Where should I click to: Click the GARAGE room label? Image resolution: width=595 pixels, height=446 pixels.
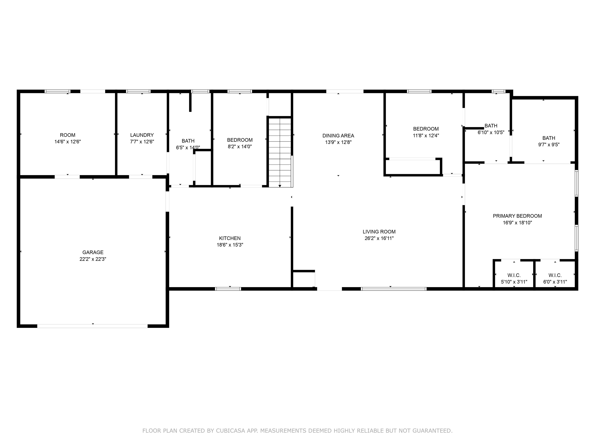[93, 252]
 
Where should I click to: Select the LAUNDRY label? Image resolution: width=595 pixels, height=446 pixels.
[142, 135]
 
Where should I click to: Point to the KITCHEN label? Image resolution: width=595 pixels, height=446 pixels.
[230, 238]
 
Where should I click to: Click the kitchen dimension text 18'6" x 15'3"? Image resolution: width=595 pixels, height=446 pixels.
[230, 245]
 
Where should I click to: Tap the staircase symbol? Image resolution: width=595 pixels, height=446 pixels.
[280, 152]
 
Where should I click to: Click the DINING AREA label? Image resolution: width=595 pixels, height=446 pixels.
[338, 136]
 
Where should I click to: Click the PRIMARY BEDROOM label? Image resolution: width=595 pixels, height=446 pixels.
[517, 216]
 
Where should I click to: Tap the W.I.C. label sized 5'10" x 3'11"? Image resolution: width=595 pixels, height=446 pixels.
[514, 275]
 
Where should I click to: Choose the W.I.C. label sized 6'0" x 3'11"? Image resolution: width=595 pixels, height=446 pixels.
[555, 275]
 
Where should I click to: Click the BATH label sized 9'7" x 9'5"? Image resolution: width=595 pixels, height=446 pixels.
[549, 138]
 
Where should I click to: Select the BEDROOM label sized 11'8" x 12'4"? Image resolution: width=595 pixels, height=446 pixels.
[426, 129]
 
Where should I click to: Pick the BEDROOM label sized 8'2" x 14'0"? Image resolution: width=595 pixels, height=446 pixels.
[240, 140]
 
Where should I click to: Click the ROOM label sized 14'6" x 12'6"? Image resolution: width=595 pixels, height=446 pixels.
[68, 135]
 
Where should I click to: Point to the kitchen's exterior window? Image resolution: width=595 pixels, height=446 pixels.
[228, 289]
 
